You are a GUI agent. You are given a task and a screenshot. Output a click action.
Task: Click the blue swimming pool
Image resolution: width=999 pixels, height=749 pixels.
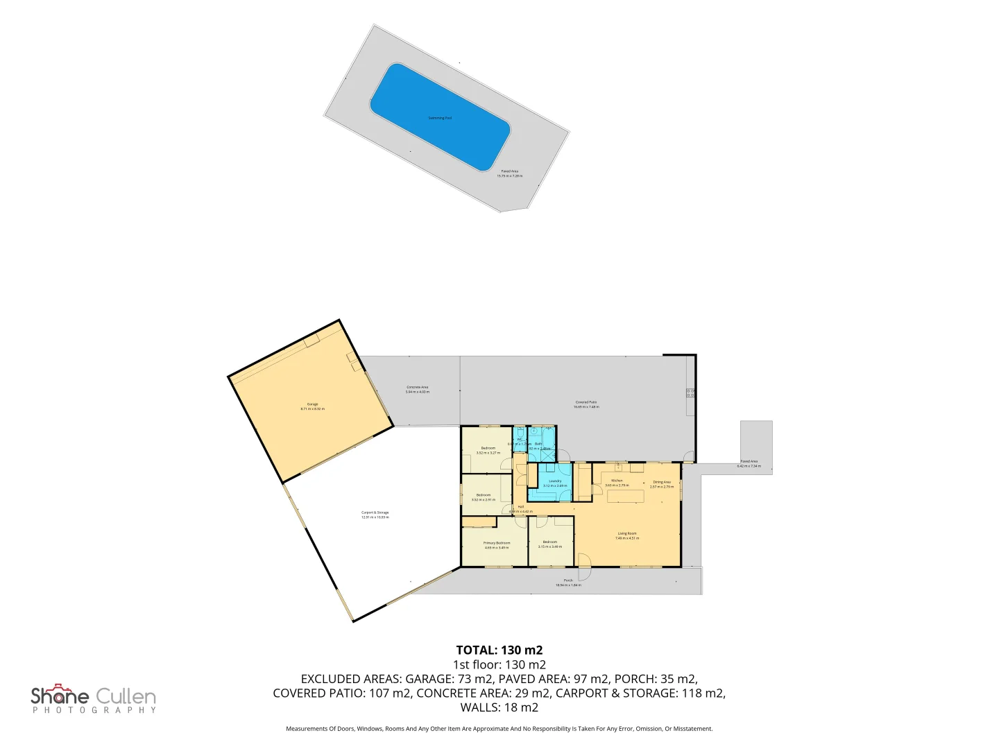point(440,117)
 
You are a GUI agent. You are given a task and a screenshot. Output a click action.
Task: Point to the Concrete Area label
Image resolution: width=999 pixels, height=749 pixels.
point(417,389)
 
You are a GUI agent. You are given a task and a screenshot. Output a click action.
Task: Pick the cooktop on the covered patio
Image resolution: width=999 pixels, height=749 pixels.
point(690,393)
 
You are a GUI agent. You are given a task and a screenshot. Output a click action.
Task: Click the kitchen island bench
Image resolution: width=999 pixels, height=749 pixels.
point(626,496)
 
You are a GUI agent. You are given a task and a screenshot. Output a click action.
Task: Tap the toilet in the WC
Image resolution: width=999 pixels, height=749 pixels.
point(520,432)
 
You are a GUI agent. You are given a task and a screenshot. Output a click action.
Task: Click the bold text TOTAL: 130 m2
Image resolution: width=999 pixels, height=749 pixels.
point(499,650)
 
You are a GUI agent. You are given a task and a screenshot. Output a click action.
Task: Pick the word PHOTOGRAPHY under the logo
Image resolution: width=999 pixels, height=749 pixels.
point(94,710)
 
